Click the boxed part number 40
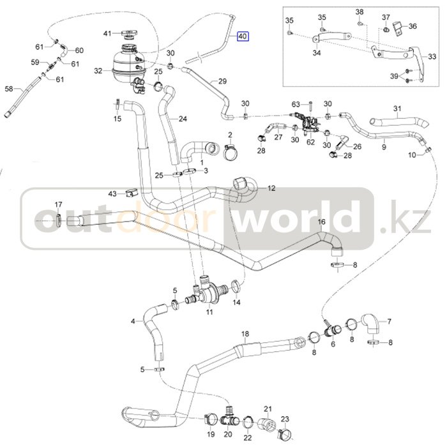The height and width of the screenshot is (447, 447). (243, 36)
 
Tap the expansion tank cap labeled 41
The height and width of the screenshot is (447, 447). (130, 34)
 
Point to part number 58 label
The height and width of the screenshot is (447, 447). (9, 89)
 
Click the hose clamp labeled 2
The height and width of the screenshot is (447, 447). (231, 151)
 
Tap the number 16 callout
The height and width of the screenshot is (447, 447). (321, 222)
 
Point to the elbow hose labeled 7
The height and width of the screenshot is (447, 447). (371, 324)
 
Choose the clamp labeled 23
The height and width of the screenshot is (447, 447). (285, 434)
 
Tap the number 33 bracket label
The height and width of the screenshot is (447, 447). (432, 56)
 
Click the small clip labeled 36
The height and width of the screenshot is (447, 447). (398, 28)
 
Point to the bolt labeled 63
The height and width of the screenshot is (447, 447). (310, 106)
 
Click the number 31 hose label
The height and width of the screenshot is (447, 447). (397, 109)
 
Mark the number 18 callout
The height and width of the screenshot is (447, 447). (245, 334)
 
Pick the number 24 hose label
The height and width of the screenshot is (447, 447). (183, 119)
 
